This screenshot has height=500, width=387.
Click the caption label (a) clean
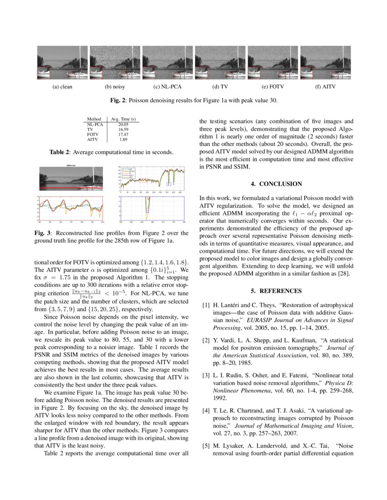(x=62, y=86)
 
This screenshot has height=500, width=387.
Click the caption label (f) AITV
(x=325, y=86)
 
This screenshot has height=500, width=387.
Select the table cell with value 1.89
(x=123, y=140)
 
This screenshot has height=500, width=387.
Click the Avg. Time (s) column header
(x=122, y=119)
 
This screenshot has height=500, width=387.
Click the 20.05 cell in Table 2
(x=123, y=124)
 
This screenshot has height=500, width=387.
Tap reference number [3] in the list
(x=206, y=375)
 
